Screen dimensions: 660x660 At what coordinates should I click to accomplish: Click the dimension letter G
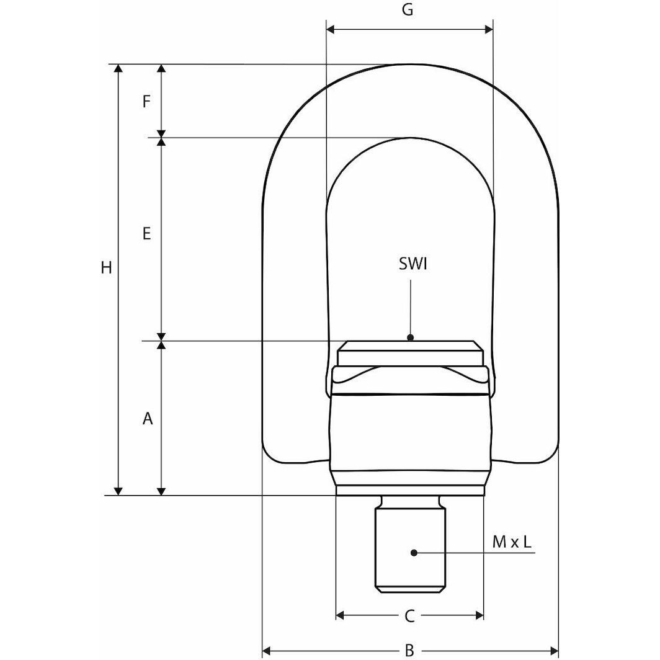(x=408, y=11)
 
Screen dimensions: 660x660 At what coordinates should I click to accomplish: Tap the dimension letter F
(x=146, y=101)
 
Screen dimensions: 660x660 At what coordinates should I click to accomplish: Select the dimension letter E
(x=146, y=234)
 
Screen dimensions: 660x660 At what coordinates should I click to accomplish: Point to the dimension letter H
(x=107, y=268)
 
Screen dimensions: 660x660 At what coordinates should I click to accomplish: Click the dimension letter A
(x=147, y=419)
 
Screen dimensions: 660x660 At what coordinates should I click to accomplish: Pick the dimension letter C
(x=409, y=616)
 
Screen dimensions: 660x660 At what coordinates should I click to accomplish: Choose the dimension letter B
(x=409, y=651)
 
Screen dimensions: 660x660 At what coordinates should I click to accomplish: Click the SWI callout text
(x=412, y=265)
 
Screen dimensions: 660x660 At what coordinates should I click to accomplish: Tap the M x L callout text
(x=512, y=542)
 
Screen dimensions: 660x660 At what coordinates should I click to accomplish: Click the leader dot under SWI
(x=410, y=337)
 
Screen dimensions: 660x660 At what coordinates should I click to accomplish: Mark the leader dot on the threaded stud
(x=414, y=552)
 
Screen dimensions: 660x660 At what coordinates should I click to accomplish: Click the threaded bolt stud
(x=410, y=546)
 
